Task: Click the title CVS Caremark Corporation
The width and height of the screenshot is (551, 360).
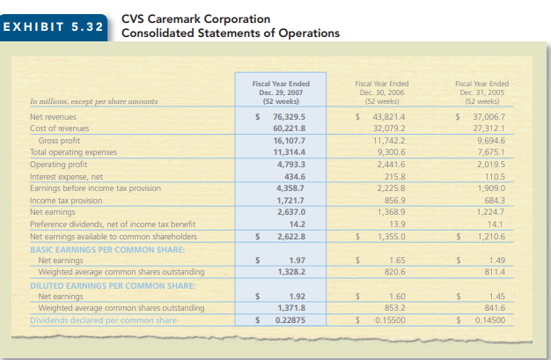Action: coord(195,18)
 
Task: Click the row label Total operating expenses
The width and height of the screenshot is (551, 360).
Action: coord(74,151)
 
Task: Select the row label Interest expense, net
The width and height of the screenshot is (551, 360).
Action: coord(67,174)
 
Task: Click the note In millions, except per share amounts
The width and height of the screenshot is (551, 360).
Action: coord(94,102)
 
